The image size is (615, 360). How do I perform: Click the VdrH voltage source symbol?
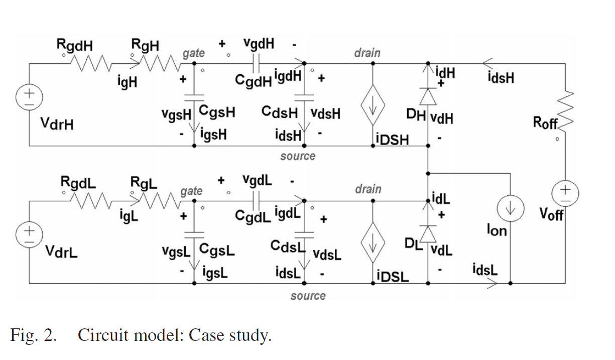[x=30, y=95]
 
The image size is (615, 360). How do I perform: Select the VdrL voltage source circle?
[x=30, y=232]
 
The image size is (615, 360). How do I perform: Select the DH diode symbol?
[x=427, y=95]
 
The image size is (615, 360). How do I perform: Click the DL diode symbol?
[x=427, y=233]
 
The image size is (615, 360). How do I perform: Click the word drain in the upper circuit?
[x=367, y=52]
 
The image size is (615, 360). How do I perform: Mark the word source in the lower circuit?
[x=308, y=296]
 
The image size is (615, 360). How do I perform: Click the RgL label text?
[x=144, y=183]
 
